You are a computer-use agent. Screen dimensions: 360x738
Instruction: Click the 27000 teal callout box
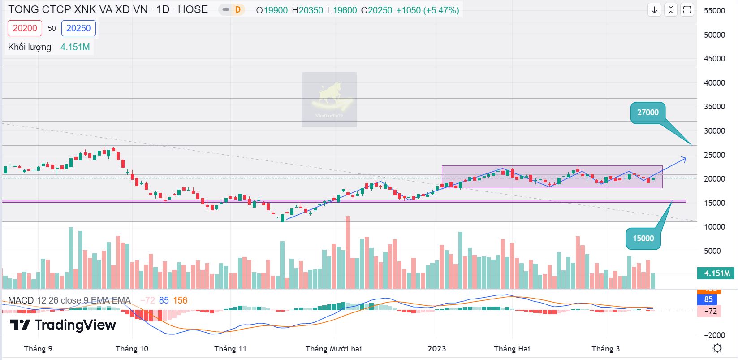[647, 113]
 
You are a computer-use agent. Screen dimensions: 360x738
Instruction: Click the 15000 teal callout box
[643, 239]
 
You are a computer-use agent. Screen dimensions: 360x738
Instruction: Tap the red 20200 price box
[25, 28]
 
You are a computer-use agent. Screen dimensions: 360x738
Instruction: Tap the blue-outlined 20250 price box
[78, 28]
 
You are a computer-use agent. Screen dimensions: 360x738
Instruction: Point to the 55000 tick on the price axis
[714, 11]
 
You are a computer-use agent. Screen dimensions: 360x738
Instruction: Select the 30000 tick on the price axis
[714, 131]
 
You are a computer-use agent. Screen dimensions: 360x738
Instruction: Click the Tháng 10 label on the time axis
[132, 349]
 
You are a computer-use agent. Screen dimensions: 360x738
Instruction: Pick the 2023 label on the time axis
[437, 349]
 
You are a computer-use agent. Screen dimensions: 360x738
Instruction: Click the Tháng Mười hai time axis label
[333, 349]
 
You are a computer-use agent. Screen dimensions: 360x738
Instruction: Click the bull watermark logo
[329, 100]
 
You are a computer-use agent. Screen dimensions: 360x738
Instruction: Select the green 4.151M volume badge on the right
[716, 273]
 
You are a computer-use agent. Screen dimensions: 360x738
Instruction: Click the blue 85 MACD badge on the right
[708, 299]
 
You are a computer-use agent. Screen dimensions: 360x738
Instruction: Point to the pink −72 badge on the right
[709, 311]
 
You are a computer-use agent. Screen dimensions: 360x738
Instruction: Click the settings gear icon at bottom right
[717, 348]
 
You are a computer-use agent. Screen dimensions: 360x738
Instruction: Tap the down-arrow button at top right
[654, 10]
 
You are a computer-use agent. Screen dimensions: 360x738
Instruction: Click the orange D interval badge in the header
[238, 10]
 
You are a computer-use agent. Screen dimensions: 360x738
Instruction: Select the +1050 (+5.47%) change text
[427, 10]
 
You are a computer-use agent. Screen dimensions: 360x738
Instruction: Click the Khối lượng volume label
[30, 47]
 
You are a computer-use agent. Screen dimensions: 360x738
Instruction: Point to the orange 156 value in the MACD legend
[180, 300]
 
